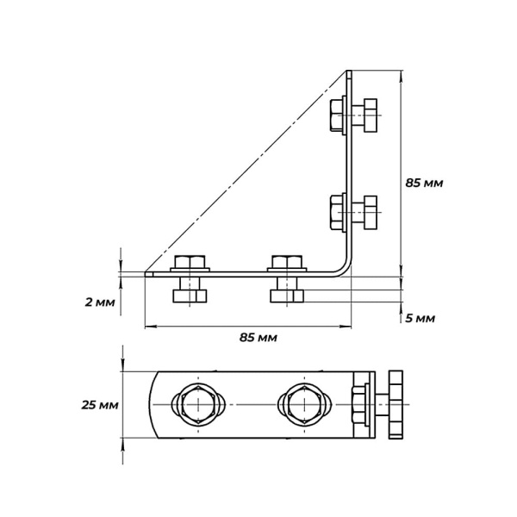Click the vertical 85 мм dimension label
coord(424,183)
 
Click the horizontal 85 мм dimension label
coord(258,338)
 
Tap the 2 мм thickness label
coord(100,302)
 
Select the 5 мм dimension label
coord(420,319)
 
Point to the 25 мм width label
coord(100,405)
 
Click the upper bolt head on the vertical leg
coord(336,115)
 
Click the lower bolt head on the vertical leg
coord(336,212)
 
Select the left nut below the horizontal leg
coord(190,296)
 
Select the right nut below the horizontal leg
coord(287,296)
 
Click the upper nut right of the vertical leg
coord(371,115)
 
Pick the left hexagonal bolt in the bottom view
coord(198,404)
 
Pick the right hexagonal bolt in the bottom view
coord(304,404)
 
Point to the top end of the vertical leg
coord(349,71)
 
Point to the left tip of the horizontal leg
coord(146,274)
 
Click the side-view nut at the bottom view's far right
coord(396,405)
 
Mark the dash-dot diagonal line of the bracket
coord(246,171)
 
